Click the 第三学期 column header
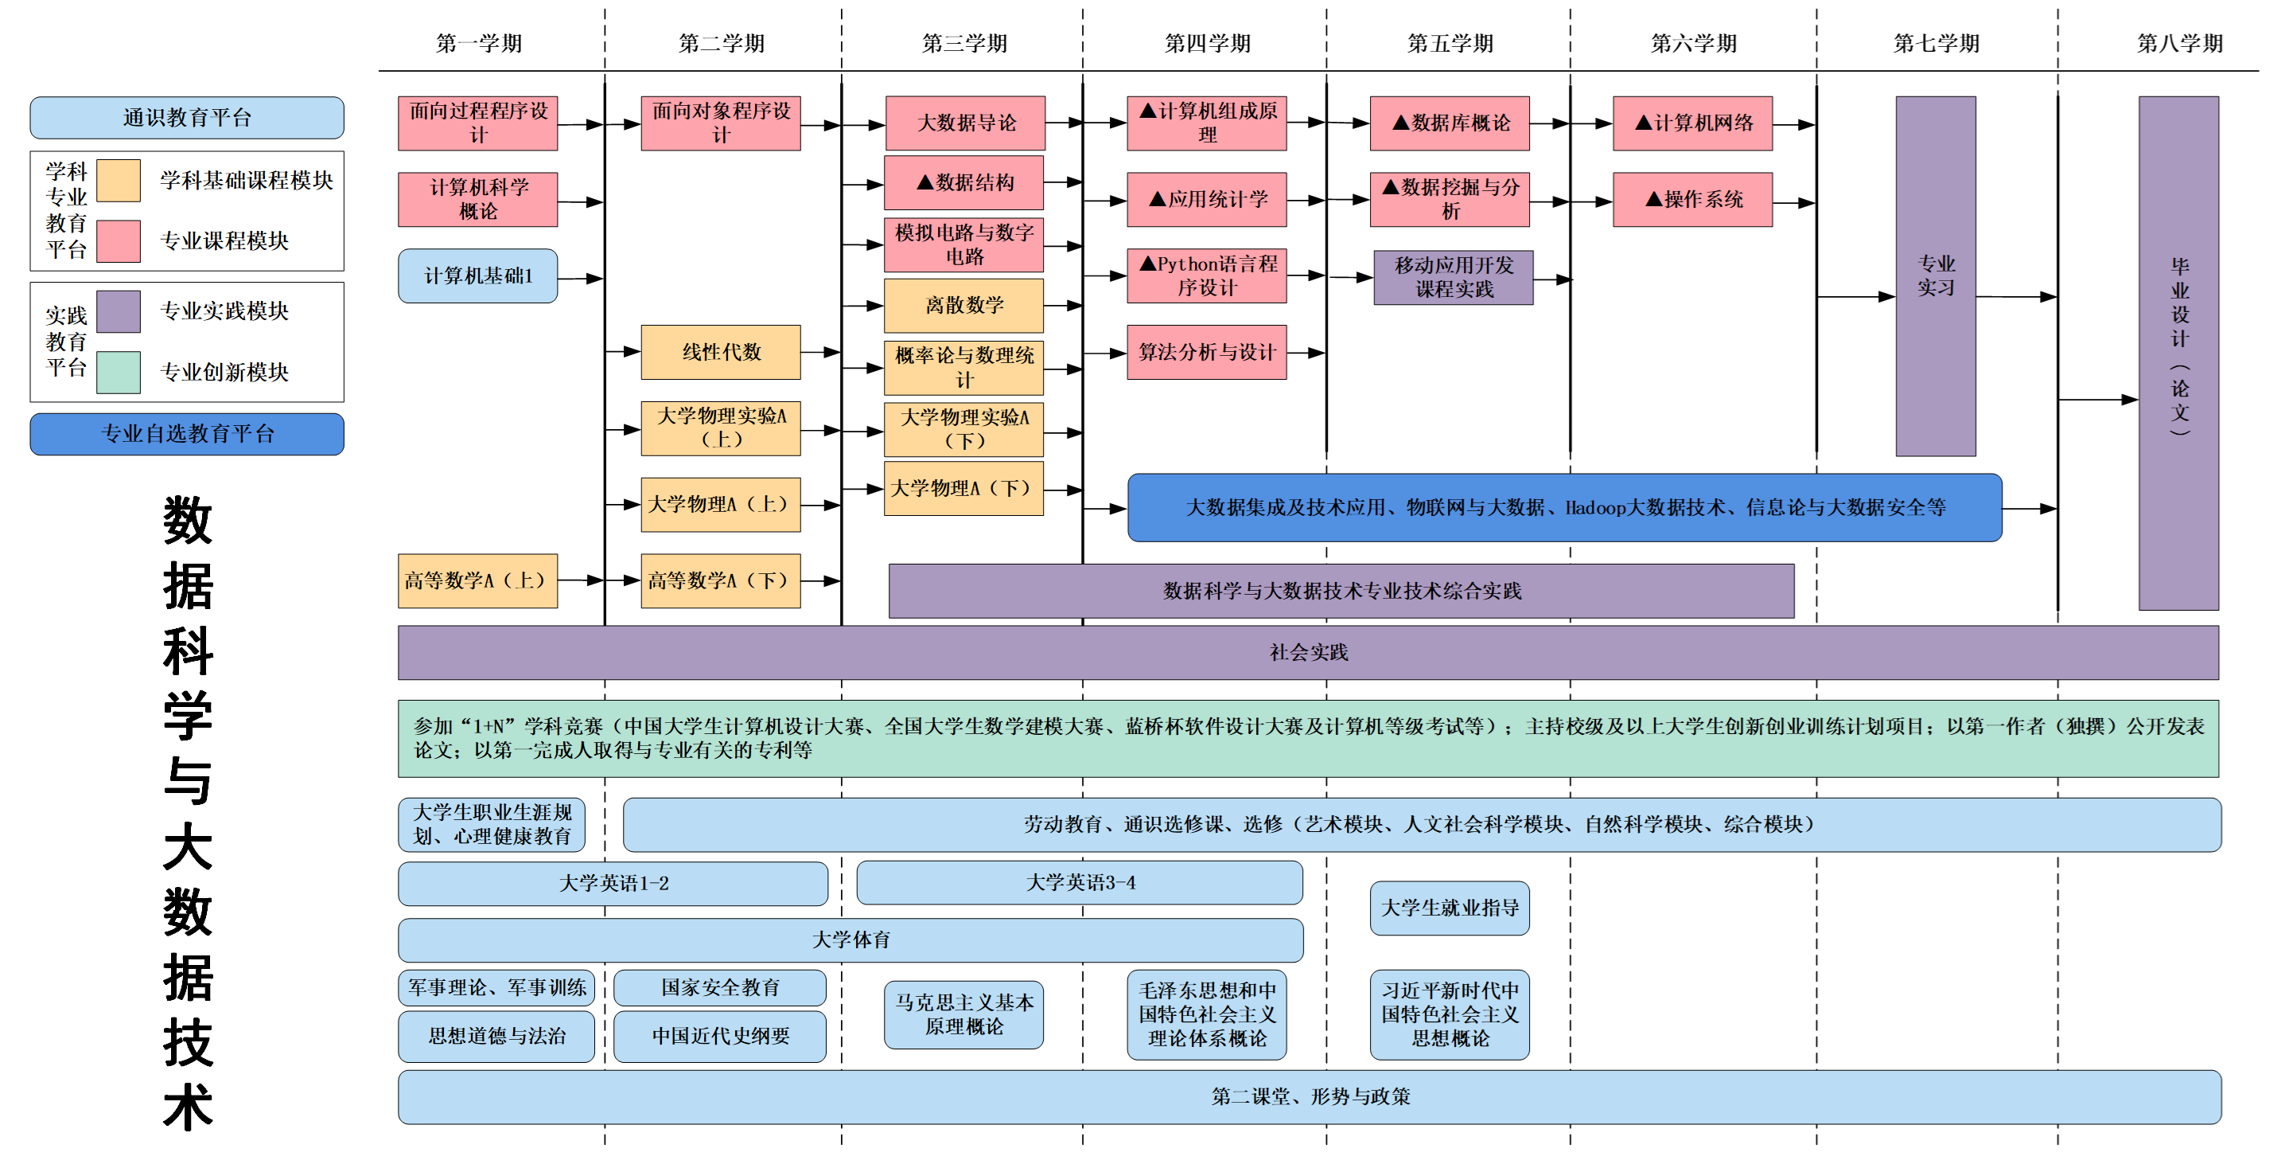point(964,43)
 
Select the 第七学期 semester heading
point(1936,43)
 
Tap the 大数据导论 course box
point(965,123)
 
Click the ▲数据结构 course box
point(963,183)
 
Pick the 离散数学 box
point(963,306)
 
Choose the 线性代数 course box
point(721,352)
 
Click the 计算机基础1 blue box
point(477,276)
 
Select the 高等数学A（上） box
point(477,581)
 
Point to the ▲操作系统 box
point(1692,200)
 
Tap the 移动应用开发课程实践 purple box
point(1454,277)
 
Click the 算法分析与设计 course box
point(1206,352)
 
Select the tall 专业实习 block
point(1935,275)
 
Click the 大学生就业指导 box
point(1449,908)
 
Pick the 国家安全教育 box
point(720,987)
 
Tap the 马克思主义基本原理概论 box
point(963,1014)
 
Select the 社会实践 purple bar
point(1308,652)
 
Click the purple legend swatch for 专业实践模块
point(119,311)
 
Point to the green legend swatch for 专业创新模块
point(119,372)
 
